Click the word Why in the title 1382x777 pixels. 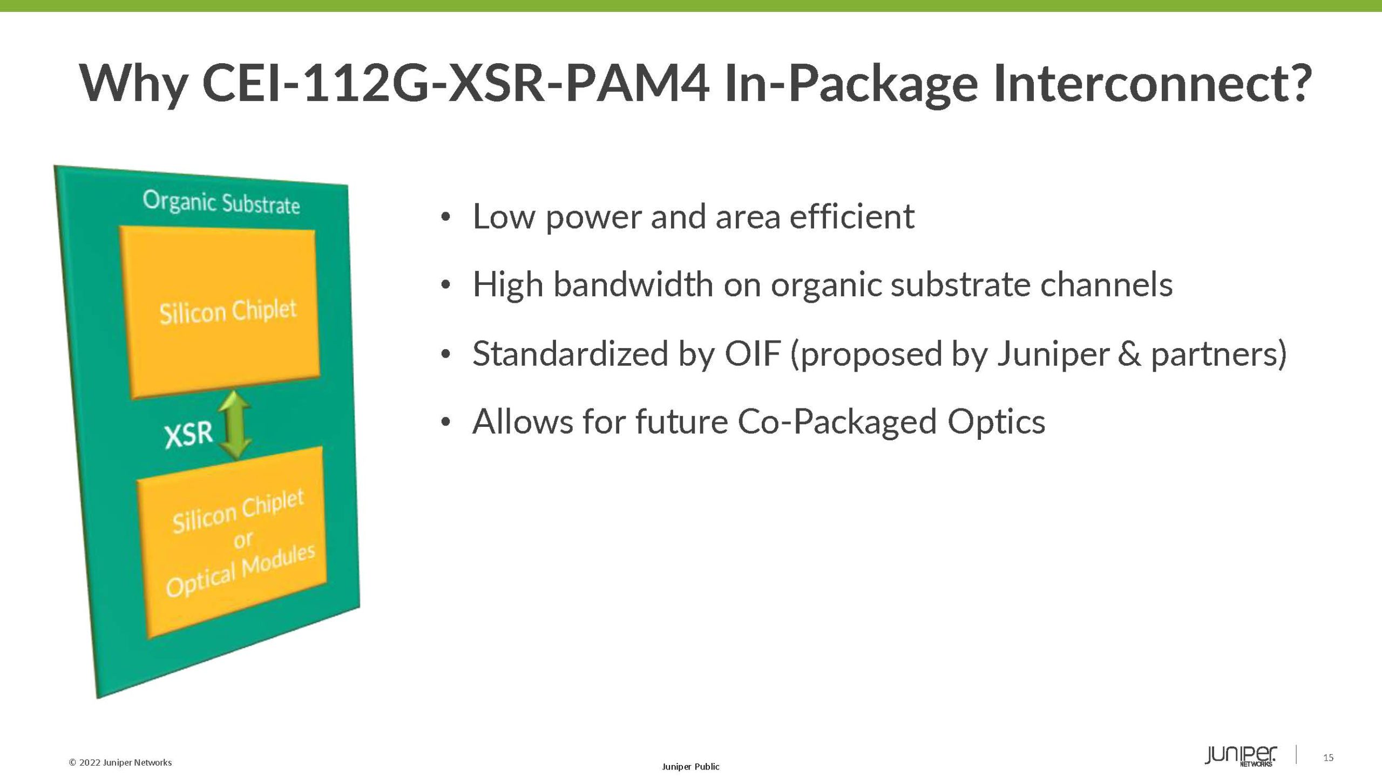point(133,84)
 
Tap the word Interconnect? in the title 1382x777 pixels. point(1152,83)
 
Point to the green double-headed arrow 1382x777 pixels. point(235,425)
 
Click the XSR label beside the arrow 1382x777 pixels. point(189,435)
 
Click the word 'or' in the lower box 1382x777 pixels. point(243,539)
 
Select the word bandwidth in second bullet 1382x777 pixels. point(633,284)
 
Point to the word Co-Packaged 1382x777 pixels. point(837,422)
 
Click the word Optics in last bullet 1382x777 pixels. point(996,422)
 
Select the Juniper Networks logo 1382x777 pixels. point(1241,756)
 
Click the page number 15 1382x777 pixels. point(1328,758)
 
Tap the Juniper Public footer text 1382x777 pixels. point(690,766)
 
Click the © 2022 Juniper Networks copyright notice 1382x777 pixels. point(120,762)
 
